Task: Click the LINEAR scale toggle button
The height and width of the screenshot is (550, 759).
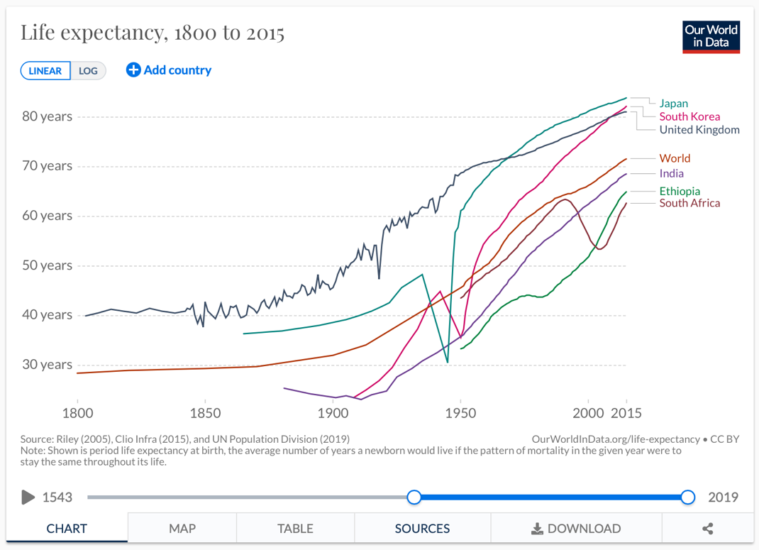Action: pos(45,71)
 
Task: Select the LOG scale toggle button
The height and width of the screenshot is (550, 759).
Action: pos(89,71)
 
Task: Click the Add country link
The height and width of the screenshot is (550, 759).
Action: pos(169,70)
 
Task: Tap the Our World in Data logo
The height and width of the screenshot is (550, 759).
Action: pos(711,37)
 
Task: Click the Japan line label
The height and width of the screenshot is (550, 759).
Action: pos(673,104)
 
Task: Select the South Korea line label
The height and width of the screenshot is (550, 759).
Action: pos(689,116)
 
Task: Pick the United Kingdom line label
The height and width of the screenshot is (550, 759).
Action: pos(699,130)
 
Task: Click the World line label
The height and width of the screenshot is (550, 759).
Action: pos(675,158)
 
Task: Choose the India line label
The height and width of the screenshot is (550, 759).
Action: pos(671,173)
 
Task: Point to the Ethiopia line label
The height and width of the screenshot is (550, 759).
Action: pos(680,191)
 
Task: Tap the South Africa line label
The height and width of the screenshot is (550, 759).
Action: pos(689,203)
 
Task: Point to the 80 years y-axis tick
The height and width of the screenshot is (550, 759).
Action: pos(47,116)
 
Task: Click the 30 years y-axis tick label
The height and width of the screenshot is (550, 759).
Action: pos(47,365)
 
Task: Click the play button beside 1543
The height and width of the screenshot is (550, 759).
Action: pos(28,497)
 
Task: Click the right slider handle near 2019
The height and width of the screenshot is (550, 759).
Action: pos(687,497)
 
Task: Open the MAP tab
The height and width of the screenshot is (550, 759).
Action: pos(182,529)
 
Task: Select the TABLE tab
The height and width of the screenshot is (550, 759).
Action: pos(295,529)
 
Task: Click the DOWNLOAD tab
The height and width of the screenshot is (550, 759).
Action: pos(576,529)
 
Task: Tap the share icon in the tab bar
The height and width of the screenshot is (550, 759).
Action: pos(707,529)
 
